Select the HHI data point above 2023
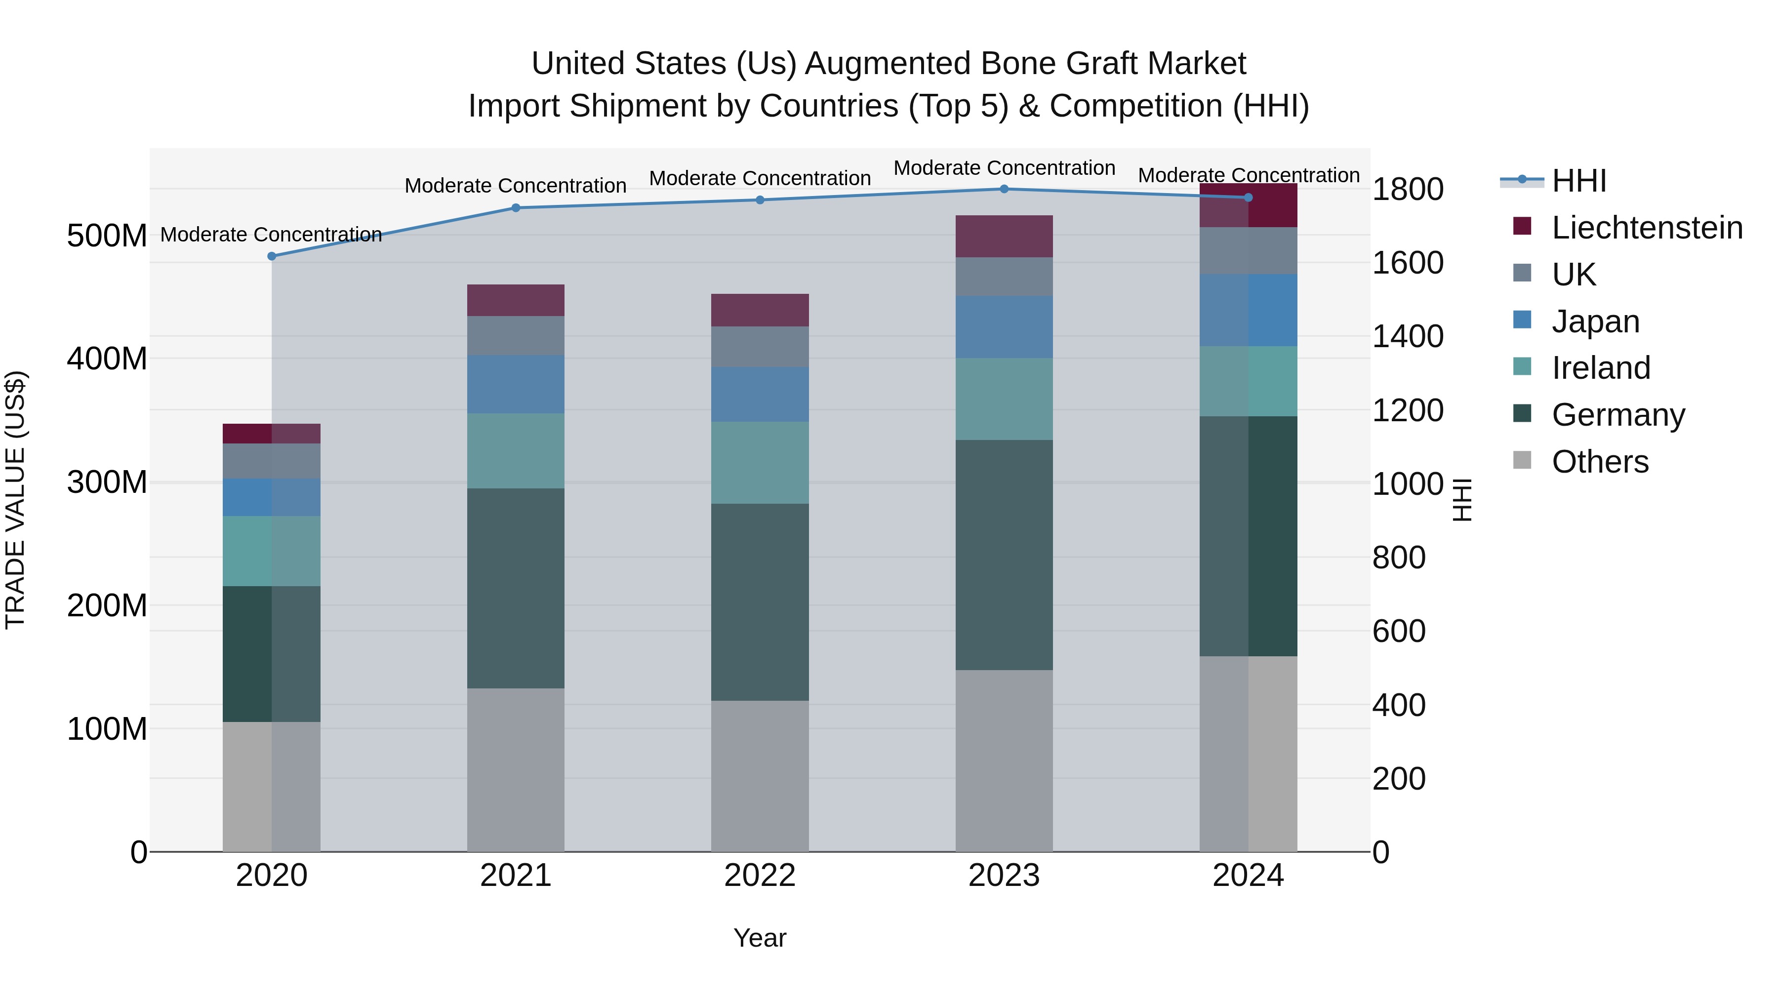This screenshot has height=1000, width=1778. (x=1004, y=189)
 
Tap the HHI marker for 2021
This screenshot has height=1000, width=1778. (x=516, y=208)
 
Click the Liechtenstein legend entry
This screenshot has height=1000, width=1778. (x=1646, y=228)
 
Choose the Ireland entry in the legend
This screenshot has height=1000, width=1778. (x=1601, y=368)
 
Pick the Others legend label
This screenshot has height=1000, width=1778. (x=1600, y=462)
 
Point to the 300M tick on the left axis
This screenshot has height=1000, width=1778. (x=107, y=481)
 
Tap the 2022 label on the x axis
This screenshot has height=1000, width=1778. (x=760, y=876)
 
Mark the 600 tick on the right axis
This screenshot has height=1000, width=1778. (x=1398, y=631)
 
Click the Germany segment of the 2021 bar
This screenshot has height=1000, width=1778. (x=516, y=588)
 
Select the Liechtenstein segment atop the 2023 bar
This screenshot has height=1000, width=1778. (x=1004, y=236)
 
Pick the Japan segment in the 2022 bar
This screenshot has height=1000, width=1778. (x=760, y=394)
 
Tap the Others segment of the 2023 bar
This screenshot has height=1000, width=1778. (x=1004, y=760)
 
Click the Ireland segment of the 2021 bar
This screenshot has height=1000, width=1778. (x=516, y=451)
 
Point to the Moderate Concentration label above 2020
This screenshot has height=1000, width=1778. (x=271, y=235)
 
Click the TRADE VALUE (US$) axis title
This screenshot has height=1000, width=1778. (x=16, y=500)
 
